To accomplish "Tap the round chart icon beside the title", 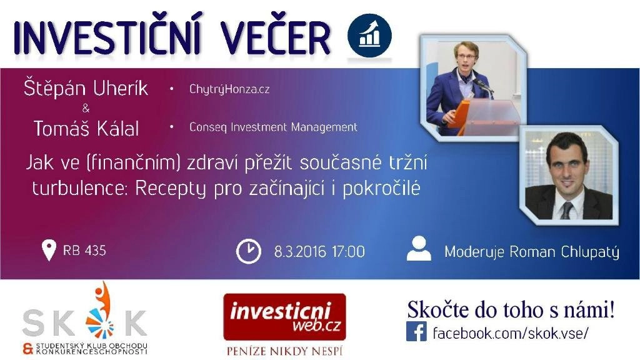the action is click(x=369, y=36).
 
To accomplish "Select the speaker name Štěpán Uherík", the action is click(x=86, y=87).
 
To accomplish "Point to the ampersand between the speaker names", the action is click(x=86, y=108).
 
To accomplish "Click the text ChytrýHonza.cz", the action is click(x=229, y=89).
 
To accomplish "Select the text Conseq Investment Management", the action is click(x=273, y=127).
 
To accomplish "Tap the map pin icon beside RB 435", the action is click(x=49, y=250).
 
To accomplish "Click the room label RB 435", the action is click(x=84, y=250).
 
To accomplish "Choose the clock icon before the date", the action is click(x=249, y=251).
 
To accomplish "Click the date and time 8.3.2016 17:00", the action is click(x=319, y=251).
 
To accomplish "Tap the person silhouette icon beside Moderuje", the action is click(x=419, y=248).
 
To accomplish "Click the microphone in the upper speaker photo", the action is click(x=483, y=85).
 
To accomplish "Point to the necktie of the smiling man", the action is click(x=566, y=211).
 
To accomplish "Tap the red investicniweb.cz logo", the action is click(x=284, y=317).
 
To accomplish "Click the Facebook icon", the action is click(x=416, y=331).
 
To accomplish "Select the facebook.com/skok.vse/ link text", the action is click(x=511, y=333).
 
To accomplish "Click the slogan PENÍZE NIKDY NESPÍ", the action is click(x=284, y=351).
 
